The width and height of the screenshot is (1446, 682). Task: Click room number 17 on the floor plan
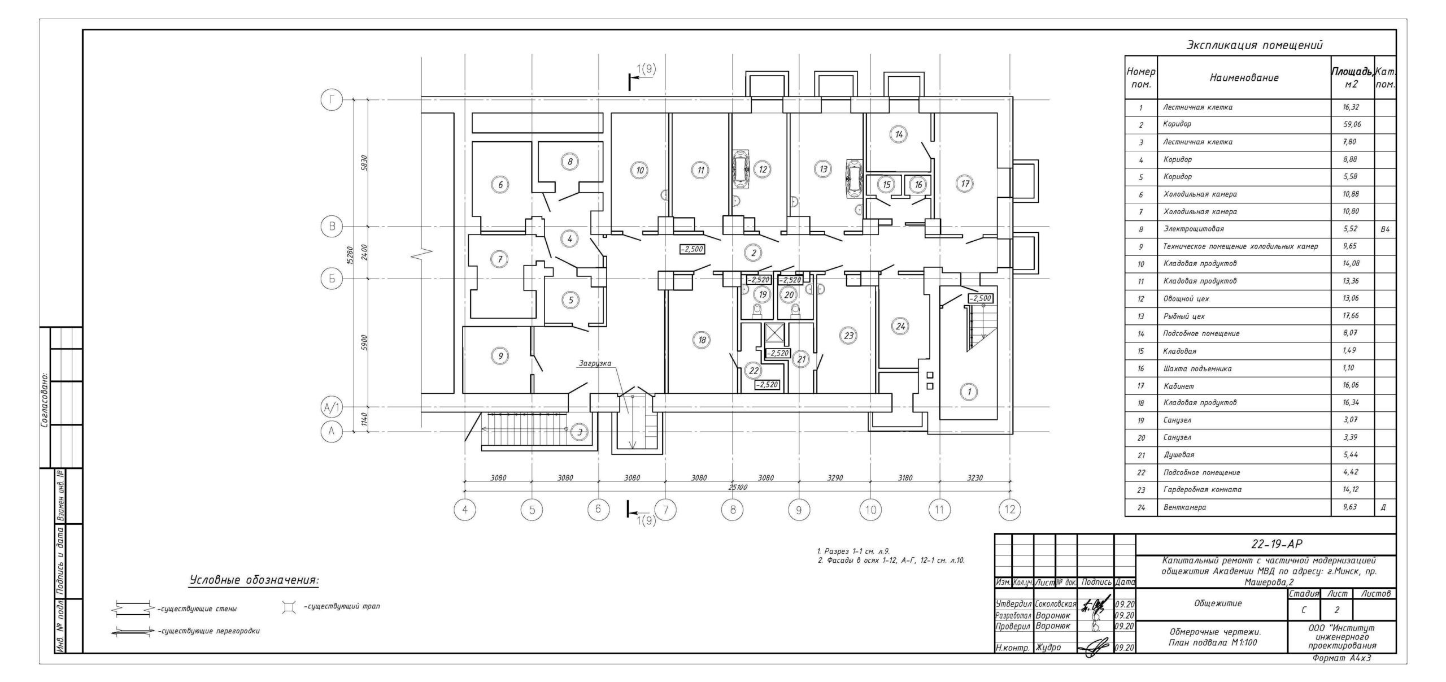[964, 184]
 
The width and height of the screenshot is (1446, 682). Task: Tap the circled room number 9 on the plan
[500, 356]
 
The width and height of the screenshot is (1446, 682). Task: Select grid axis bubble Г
[332, 100]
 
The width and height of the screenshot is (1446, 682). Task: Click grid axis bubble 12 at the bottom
[1010, 510]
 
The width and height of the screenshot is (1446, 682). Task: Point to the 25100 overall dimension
[738, 487]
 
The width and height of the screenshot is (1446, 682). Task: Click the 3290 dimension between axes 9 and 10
[835, 478]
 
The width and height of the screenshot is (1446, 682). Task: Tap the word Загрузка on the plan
[594, 363]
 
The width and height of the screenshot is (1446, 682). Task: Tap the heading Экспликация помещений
[1254, 46]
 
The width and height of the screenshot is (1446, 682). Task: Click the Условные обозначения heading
[254, 580]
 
